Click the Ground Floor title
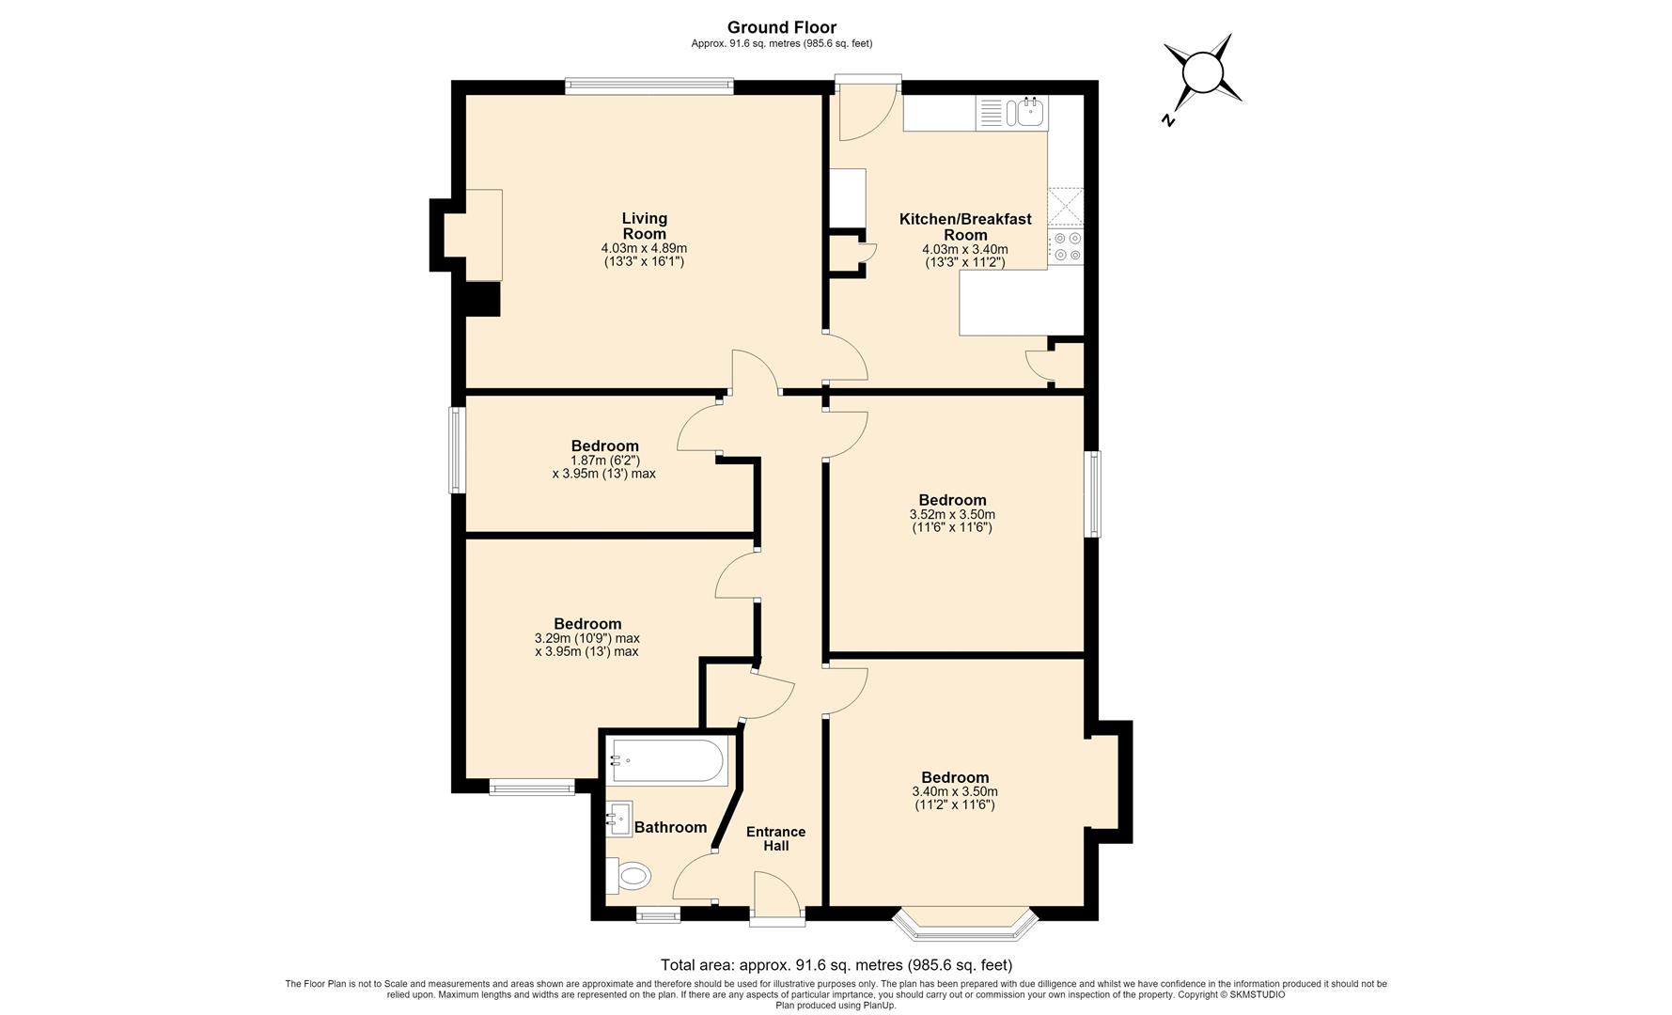[x=782, y=28]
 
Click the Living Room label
[x=644, y=226]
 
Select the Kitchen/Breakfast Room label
[x=965, y=226]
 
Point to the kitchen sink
[x=1027, y=113]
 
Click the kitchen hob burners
[x=1067, y=246]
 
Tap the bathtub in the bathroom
[x=667, y=762]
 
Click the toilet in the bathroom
[x=630, y=876]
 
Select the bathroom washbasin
[x=619, y=819]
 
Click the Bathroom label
[x=670, y=827]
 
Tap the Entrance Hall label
[x=775, y=838]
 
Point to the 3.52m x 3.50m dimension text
[x=952, y=522]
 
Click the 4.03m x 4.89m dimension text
[x=644, y=255]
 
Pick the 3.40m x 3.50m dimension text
[x=955, y=799]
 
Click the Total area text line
[x=836, y=964]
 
